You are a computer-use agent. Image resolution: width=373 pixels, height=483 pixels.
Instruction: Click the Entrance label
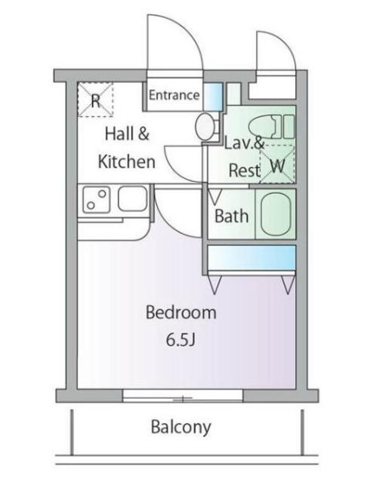click(x=174, y=95)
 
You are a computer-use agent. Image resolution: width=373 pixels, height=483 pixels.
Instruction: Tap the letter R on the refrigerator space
click(x=96, y=100)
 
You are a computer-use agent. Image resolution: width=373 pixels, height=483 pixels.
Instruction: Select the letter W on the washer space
click(x=277, y=166)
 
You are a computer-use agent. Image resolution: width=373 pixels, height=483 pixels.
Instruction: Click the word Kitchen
click(x=126, y=162)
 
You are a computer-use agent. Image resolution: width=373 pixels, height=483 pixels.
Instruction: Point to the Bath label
click(x=232, y=216)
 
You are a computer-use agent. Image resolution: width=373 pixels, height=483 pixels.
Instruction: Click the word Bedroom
click(x=181, y=312)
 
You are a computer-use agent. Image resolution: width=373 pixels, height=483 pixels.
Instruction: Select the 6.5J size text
click(x=180, y=340)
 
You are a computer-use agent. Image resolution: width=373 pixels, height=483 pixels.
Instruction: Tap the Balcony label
click(x=181, y=427)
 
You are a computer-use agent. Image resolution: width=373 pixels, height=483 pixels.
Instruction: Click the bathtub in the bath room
click(x=276, y=214)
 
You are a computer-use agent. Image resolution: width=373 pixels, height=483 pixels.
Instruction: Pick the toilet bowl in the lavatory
click(x=266, y=127)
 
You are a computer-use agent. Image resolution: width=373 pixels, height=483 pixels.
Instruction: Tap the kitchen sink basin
click(x=133, y=198)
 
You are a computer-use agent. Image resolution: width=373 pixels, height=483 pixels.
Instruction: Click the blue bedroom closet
click(x=252, y=257)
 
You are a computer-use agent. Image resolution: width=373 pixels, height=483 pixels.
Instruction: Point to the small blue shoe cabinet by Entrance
click(x=213, y=97)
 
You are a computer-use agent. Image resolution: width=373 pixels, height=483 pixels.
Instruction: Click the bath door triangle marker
click(x=215, y=197)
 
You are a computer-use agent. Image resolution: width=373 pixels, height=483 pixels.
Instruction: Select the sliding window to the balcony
click(x=183, y=395)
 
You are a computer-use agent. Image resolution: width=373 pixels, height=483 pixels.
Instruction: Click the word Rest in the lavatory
click(x=245, y=170)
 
